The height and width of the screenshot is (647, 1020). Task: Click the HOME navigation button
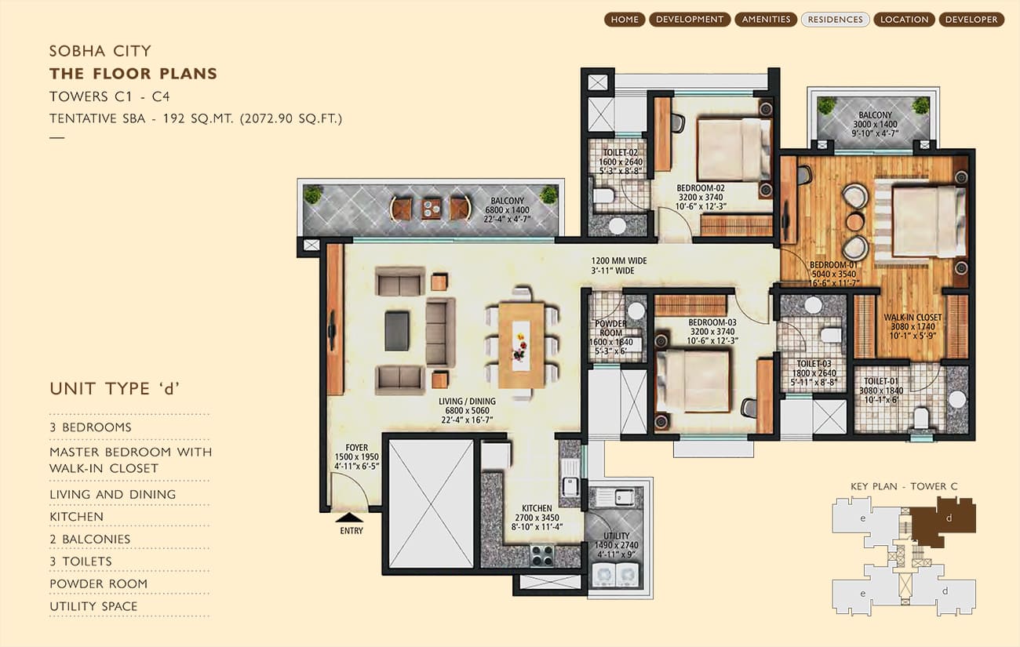click(625, 20)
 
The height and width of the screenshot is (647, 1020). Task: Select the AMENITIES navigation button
click(766, 20)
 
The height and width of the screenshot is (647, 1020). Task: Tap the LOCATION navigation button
click(905, 20)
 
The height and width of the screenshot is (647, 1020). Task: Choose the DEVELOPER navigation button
click(971, 20)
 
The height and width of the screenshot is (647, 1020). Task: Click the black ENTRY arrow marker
click(349, 518)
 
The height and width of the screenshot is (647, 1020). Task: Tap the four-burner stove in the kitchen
click(542, 555)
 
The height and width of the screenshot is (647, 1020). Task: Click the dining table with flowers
click(522, 345)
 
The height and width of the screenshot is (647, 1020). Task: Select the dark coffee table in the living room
click(396, 331)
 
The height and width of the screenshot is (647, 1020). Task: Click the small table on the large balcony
click(430, 209)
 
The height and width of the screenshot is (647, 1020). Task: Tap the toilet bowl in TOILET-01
click(920, 418)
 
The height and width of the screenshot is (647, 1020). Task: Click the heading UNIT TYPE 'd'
click(115, 389)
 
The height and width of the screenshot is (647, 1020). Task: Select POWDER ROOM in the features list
click(98, 583)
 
